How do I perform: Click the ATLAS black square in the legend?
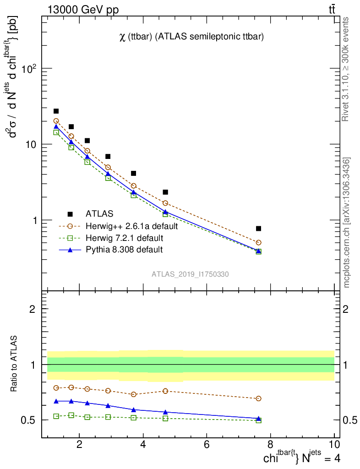tap(70, 214)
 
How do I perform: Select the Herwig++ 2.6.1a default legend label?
tap(131, 226)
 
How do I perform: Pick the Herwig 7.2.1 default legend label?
tap(124, 238)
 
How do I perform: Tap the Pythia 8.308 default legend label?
tap(124, 250)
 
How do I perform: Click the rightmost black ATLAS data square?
tap(259, 228)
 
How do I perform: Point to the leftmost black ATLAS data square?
tap(56, 111)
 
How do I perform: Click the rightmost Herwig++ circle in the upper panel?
tap(259, 242)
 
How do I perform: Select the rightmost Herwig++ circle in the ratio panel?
tap(259, 398)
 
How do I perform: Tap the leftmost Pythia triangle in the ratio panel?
tap(56, 401)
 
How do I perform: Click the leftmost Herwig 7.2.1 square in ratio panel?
tap(56, 416)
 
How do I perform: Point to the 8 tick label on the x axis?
tap(270, 445)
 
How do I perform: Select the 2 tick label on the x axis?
tap(79, 445)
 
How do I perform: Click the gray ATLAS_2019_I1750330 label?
tap(191, 274)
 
